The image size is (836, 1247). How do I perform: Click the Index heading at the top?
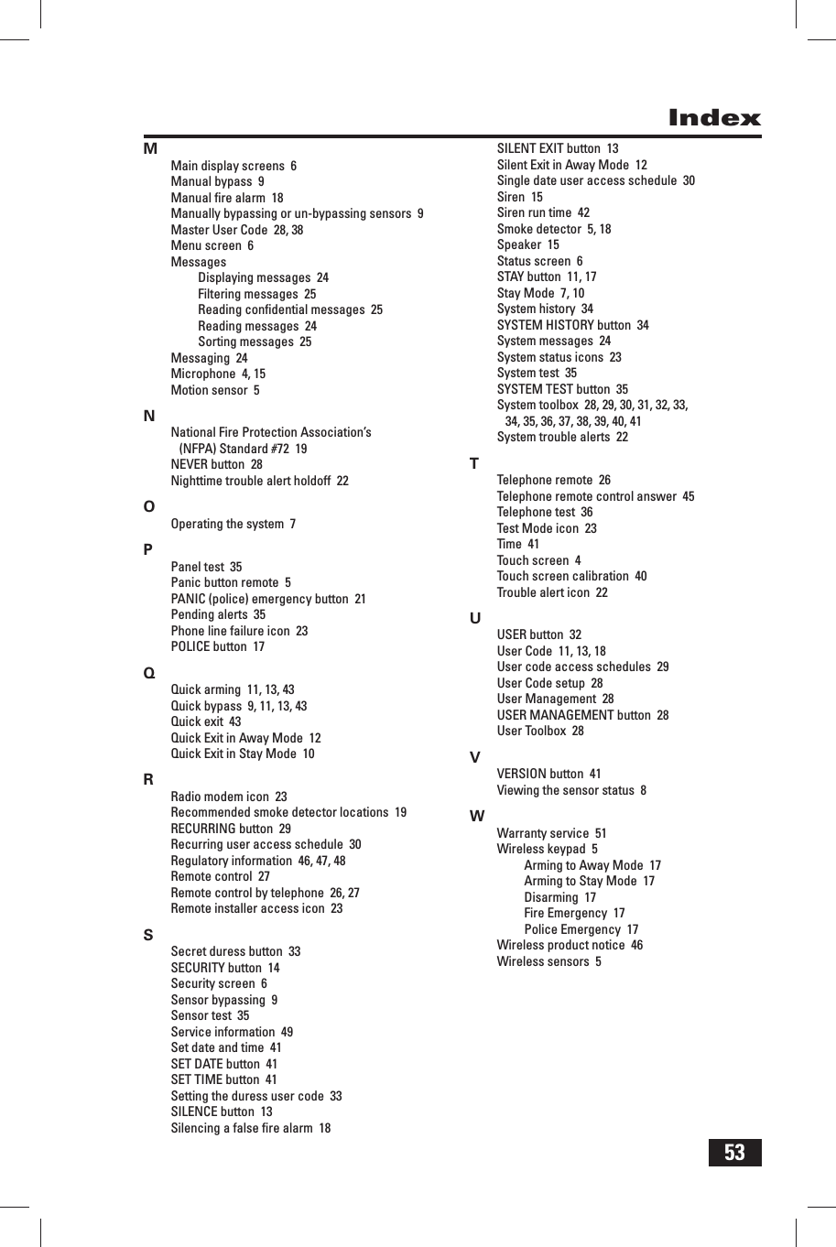714,118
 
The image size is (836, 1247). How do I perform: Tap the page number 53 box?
734,1152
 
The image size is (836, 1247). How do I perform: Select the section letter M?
150,148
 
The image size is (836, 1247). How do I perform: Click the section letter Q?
149,673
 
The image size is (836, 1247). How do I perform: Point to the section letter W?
477,816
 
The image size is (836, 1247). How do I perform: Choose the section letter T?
474,463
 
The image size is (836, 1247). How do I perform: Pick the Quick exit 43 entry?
206,721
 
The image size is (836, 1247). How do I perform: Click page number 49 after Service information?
287,1032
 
